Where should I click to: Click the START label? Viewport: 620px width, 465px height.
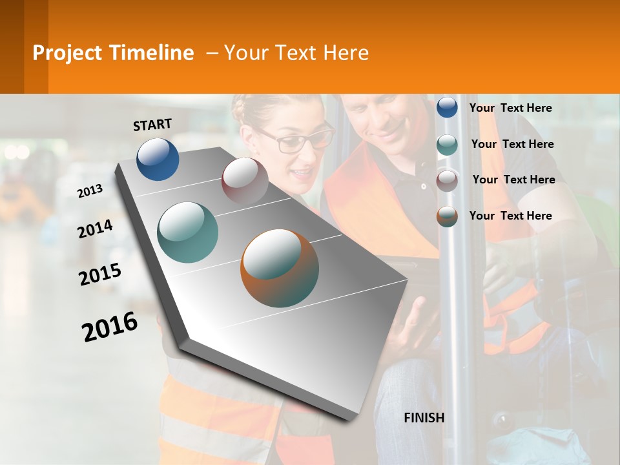tap(152, 125)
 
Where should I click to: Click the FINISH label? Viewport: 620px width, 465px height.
tap(424, 418)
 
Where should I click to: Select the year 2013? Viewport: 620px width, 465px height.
tap(90, 191)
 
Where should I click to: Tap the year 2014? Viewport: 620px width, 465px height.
tap(96, 229)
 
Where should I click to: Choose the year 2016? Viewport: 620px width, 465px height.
tap(110, 326)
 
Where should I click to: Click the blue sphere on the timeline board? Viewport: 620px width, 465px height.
tap(158, 159)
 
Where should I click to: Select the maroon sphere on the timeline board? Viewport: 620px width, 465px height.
tap(245, 181)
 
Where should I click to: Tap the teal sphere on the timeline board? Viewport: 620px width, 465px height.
tap(188, 232)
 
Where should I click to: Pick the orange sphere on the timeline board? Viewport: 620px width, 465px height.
tap(280, 268)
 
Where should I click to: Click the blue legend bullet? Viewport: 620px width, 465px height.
tap(447, 107)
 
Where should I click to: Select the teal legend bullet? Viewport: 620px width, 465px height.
tap(447, 145)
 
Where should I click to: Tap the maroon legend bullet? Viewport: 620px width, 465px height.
tap(447, 180)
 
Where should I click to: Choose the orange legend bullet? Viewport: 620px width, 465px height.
tap(447, 216)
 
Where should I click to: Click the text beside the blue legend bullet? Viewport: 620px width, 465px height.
tap(510, 108)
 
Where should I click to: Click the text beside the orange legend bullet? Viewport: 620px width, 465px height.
tap(510, 216)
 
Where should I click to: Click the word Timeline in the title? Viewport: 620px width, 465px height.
tap(152, 53)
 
